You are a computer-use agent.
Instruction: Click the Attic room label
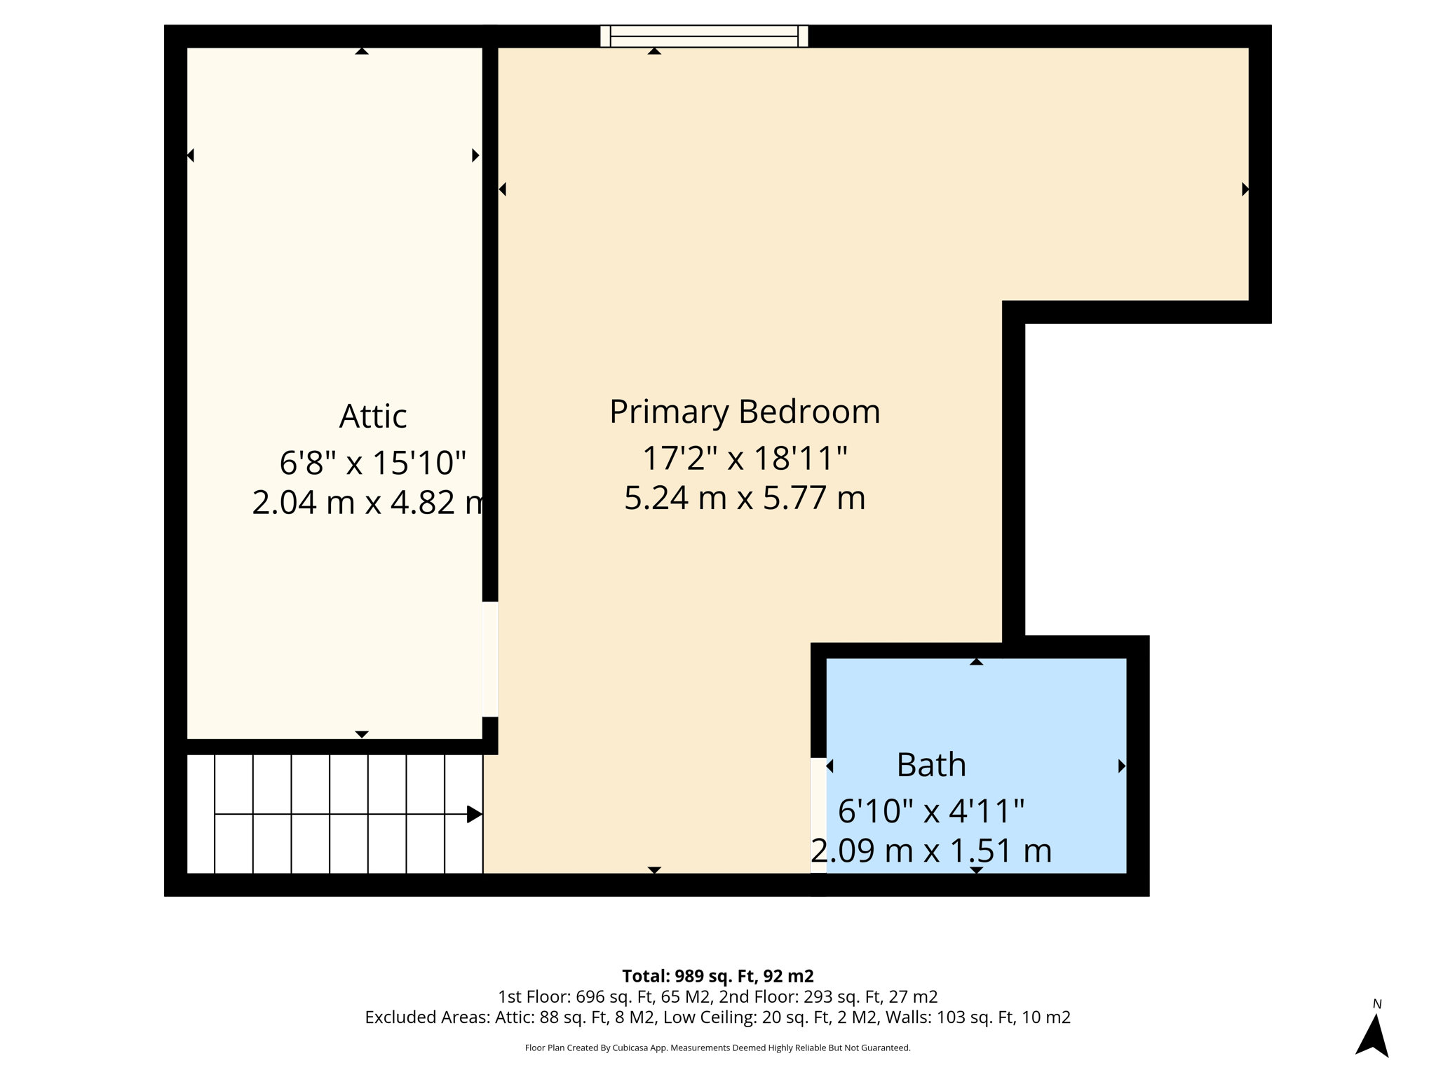pyautogui.click(x=372, y=416)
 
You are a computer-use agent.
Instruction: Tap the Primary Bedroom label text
pyautogui.click(x=744, y=412)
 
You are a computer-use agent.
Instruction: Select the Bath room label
pyautogui.click(x=930, y=764)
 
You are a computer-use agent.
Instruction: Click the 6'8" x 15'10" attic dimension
pyautogui.click(x=372, y=463)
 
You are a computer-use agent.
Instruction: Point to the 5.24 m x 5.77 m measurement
pyautogui.click(x=744, y=498)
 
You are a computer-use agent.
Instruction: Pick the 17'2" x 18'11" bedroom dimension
pyautogui.click(x=744, y=459)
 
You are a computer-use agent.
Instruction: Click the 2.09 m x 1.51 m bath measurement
pyautogui.click(x=930, y=851)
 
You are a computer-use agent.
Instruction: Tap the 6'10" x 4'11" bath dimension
pyautogui.click(x=930, y=811)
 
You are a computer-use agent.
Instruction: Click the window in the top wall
pyautogui.click(x=704, y=36)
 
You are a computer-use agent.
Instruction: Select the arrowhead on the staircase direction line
pyautogui.click(x=474, y=814)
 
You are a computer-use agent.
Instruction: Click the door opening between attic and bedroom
pyautogui.click(x=490, y=659)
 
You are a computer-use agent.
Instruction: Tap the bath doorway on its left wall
pyautogui.click(x=818, y=815)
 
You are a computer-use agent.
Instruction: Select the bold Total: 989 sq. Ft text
pyautogui.click(x=717, y=976)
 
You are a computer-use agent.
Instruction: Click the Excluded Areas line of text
pyautogui.click(x=717, y=1017)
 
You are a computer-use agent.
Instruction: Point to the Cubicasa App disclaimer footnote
pyautogui.click(x=717, y=1048)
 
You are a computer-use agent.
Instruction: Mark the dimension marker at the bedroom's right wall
pyautogui.click(x=1245, y=189)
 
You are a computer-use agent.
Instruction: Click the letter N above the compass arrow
pyautogui.click(x=1376, y=1004)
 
